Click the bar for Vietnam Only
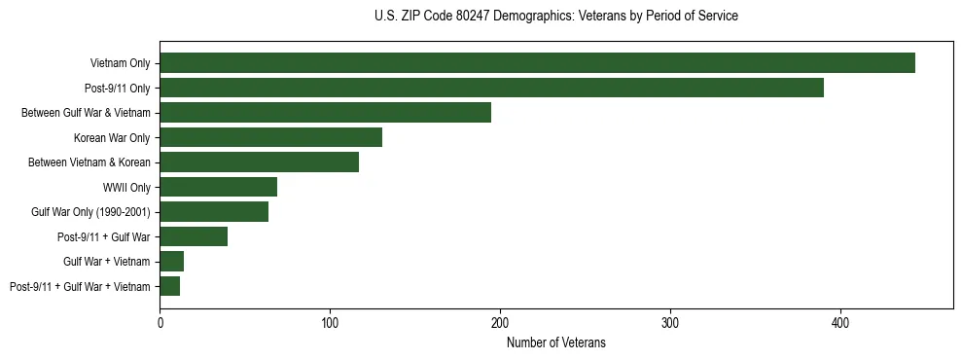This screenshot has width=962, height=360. click(x=537, y=63)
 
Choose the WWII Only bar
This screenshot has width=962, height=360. click(x=218, y=187)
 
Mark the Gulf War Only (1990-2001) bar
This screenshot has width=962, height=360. click(x=214, y=212)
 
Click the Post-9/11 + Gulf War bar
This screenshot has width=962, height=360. click(x=194, y=236)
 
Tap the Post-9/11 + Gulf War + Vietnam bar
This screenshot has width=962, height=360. click(x=170, y=286)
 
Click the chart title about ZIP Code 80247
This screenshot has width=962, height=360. click(x=555, y=17)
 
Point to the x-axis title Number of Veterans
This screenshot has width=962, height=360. click(x=555, y=342)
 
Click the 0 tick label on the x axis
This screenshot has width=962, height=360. click(x=160, y=322)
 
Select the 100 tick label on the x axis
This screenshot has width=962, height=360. click(x=331, y=322)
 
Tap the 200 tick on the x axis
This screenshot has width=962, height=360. click(x=500, y=322)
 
